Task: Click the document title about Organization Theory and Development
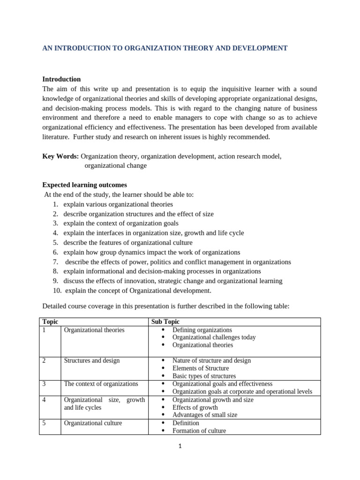pos(165,48)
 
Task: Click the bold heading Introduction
pos(61,79)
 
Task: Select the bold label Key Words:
pos(60,156)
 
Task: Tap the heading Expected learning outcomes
pos(84,185)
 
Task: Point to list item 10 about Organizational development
pos(138,291)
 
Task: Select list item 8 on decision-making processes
pos(162,271)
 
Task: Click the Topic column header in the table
pos(50,322)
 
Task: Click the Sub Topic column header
pos(165,322)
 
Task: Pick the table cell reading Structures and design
pos(91,360)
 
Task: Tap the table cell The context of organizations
pos(101,383)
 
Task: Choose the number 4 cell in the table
pos(45,400)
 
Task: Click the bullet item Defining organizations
pos(202,330)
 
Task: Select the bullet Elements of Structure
pos(201,368)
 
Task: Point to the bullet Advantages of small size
pos(205,415)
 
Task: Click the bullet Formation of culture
pos(199,431)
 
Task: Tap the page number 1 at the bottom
pos(180,446)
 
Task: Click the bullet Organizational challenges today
pos(214,337)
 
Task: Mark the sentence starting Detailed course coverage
pos(166,306)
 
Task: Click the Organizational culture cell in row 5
pos(93,423)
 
